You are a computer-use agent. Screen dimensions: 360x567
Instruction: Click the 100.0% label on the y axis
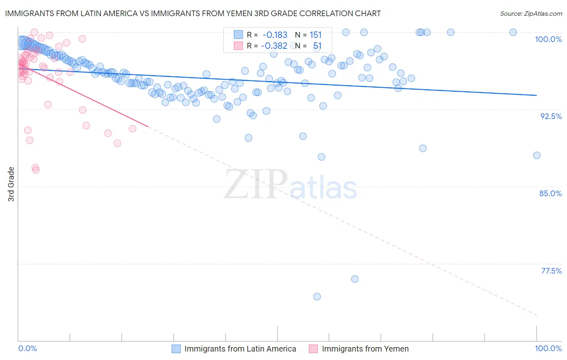coord(548,39)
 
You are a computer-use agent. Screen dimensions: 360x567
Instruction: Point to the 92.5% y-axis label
coord(551,116)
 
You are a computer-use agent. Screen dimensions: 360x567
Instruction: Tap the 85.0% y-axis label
coord(550,193)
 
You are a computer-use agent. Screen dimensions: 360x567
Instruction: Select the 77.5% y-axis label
coord(551,271)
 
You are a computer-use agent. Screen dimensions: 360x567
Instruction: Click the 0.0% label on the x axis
coord(27,348)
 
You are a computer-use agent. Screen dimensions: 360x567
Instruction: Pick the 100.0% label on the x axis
coord(548,348)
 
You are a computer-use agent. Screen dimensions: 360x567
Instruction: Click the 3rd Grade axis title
coord(11,184)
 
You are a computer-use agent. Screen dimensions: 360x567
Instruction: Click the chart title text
coord(193,14)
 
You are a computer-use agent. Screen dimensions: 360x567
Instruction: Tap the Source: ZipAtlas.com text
coord(531,14)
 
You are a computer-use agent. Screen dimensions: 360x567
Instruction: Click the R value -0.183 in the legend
coord(275,35)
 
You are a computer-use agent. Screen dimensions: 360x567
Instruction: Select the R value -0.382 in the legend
coord(274,46)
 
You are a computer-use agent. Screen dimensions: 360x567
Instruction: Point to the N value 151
coord(316,35)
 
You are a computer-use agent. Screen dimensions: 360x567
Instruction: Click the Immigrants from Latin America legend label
coord(240,349)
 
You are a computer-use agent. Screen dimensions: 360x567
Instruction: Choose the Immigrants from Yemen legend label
coord(365,349)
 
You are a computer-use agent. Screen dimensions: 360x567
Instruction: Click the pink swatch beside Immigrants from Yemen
coord(313,349)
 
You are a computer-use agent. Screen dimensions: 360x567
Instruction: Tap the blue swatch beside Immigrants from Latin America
coord(176,349)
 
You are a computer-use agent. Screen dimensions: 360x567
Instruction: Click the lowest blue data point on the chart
coord(317,297)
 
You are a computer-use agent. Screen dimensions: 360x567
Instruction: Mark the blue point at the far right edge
coord(537,155)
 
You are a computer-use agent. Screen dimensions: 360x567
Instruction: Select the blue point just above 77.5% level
coord(355,279)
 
